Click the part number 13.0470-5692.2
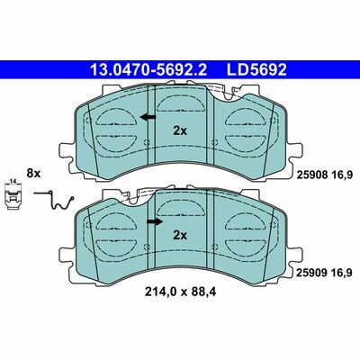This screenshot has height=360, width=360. pyautogui.click(x=148, y=70)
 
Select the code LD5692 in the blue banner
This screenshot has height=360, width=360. pyautogui.click(x=256, y=70)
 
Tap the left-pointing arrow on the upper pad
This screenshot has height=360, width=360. pyautogui.click(x=148, y=117)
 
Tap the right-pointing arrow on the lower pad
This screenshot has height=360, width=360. pyautogui.click(x=155, y=221)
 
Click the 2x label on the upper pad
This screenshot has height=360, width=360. pyautogui.click(x=180, y=130)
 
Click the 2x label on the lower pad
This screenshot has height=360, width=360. pyautogui.click(x=180, y=235)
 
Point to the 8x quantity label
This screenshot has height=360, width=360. pyautogui.click(x=33, y=173)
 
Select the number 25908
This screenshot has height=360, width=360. pyautogui.click(x=310, y=174)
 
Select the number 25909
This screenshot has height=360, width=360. pyautogui.click(x=310, y=273)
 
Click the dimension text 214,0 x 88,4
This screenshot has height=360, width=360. pyautogui.click(x=180, y=292)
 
